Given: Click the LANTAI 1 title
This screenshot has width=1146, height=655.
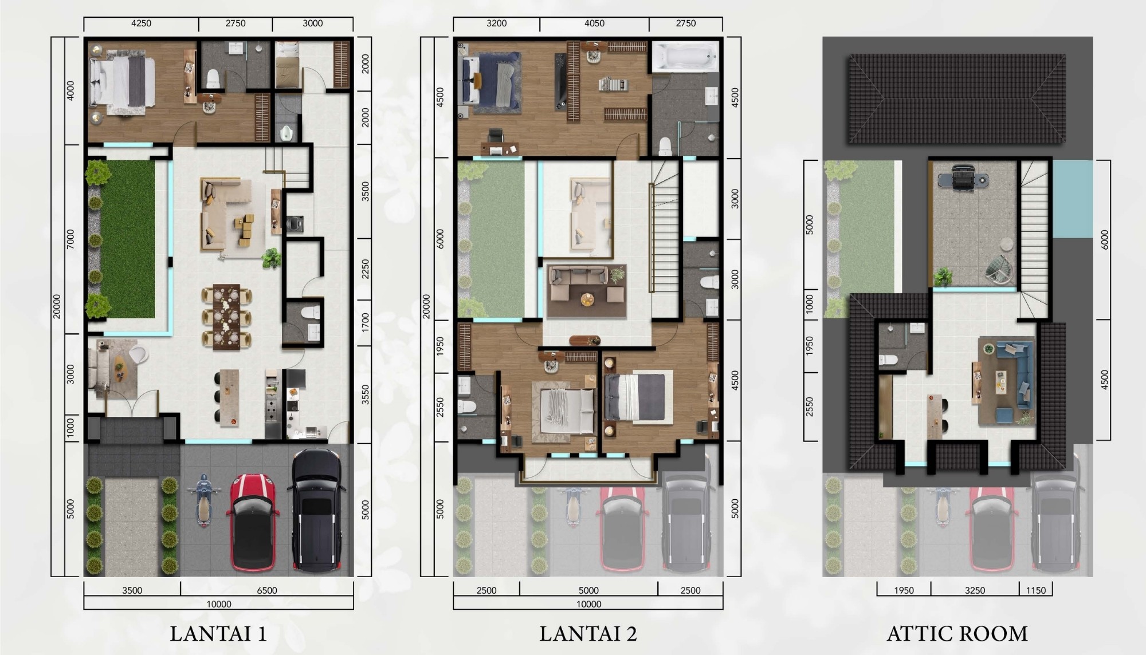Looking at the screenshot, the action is [218, 634].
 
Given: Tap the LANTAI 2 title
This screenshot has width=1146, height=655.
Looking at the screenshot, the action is [588, 634].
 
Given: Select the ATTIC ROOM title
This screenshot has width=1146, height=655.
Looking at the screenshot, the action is [957, 634].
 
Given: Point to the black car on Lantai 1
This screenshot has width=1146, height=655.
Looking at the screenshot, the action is [319, 511].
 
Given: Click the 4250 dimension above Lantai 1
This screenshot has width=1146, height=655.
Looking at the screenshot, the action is [141, 23].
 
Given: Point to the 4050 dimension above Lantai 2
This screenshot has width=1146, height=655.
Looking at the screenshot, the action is [594, 23].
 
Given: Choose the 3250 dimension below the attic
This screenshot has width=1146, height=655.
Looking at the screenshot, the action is [975, 590].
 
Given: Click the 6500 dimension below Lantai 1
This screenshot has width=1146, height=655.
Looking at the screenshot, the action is [266, 590].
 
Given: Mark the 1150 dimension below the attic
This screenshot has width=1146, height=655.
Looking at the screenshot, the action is [1035, 590].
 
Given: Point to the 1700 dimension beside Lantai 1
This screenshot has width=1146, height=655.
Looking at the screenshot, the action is [366, 323].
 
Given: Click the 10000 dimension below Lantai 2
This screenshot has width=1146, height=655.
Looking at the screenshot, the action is [588, 604].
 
